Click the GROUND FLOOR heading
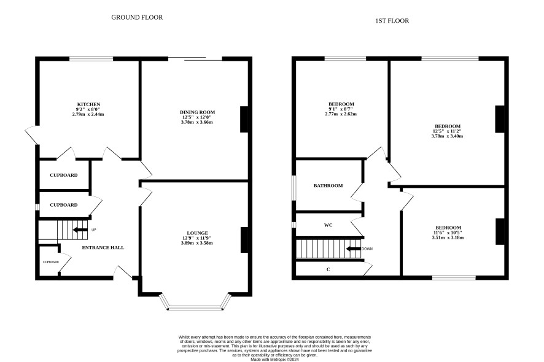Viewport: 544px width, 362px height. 137,17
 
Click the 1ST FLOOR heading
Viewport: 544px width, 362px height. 392,21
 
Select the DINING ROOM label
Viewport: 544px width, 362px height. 198,112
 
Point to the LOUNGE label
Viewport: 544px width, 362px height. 198,233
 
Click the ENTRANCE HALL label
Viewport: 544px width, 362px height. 103,248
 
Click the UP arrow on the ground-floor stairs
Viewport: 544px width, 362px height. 80,230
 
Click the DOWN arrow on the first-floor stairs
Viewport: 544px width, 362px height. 354,248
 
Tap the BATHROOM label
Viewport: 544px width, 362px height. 328,186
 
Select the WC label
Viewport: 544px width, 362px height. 328,225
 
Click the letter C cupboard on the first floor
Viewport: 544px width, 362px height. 328,269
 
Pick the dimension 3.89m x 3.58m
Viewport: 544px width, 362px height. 196,243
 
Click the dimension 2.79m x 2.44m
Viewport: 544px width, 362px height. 88,114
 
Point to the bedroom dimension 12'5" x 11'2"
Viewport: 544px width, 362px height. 447,131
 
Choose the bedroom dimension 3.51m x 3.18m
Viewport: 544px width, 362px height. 448,237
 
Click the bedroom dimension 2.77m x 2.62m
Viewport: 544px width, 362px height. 341,114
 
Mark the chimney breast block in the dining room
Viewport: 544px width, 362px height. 244,119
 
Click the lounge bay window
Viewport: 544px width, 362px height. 195,307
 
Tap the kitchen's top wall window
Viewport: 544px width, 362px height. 91,59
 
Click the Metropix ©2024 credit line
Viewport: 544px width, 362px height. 274,360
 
